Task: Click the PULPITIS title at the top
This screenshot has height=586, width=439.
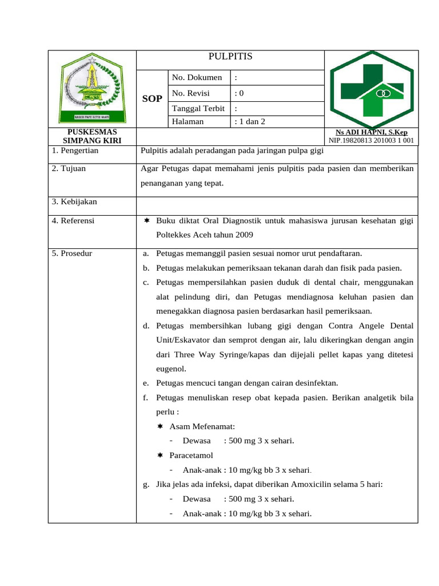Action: (x=230, y=56)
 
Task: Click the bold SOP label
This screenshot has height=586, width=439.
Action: (x=152, y=99)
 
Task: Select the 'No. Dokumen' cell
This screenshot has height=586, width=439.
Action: (x=197, y=77)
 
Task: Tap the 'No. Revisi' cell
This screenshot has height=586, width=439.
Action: (x=191, y=93)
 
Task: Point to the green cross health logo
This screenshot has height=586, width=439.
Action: (x=372, y=89)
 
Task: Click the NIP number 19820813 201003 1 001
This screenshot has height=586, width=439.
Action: (x=372, y=140)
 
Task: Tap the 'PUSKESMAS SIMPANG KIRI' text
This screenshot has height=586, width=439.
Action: (x=92, y=136)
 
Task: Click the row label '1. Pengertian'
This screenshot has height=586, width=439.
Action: (x=75, y=151)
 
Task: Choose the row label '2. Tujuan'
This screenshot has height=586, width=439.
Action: (x=69, y=169)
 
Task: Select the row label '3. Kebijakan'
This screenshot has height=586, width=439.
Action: (x=74, y=201)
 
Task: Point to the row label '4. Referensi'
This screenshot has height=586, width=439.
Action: (x=73, y=220)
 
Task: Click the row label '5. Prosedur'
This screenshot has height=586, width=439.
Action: (x=72, y=253)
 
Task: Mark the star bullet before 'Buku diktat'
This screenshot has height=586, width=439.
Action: (x=147, y=220)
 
